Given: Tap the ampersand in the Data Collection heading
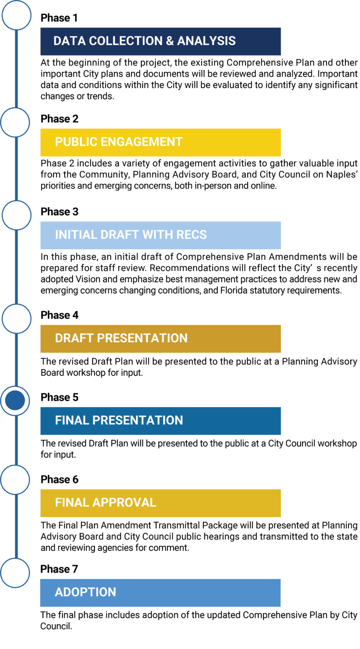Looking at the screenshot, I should coord(170,41).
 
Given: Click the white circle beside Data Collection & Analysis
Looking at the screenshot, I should coord(16,15).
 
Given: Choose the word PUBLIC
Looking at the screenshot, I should coord(76,142).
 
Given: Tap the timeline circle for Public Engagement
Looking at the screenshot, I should coord(15,123).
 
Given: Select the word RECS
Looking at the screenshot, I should coord(191,235).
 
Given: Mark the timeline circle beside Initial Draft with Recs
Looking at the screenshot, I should coord(16,215).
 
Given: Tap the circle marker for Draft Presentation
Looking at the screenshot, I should coord(16,319).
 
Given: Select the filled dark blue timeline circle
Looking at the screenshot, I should coord(15,401).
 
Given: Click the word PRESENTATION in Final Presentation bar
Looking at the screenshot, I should coord(138,420).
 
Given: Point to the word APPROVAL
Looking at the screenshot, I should coord(124,503).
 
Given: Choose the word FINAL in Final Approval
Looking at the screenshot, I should coord(72,503).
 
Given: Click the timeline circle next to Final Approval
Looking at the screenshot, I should coord(15,480).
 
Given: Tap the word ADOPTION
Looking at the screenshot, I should coord(85,592).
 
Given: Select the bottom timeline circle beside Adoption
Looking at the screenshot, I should coord(15,573).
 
